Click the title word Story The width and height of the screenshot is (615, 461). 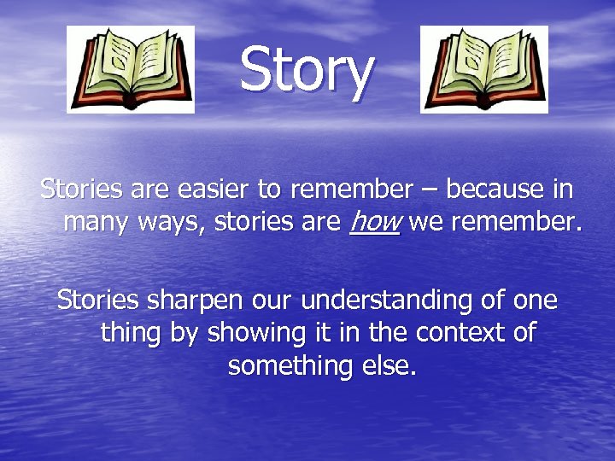pyautogui.click(x=306, y=71)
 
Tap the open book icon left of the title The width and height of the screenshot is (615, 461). pyautogui.click(x=131, y=69)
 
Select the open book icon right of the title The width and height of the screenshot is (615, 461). pyautogui.click(x=484, y=69)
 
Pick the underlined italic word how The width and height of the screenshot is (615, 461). pyautogui.click(x=375, y=223)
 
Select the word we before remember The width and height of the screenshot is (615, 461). pyautogui.click(x=425, y=225)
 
